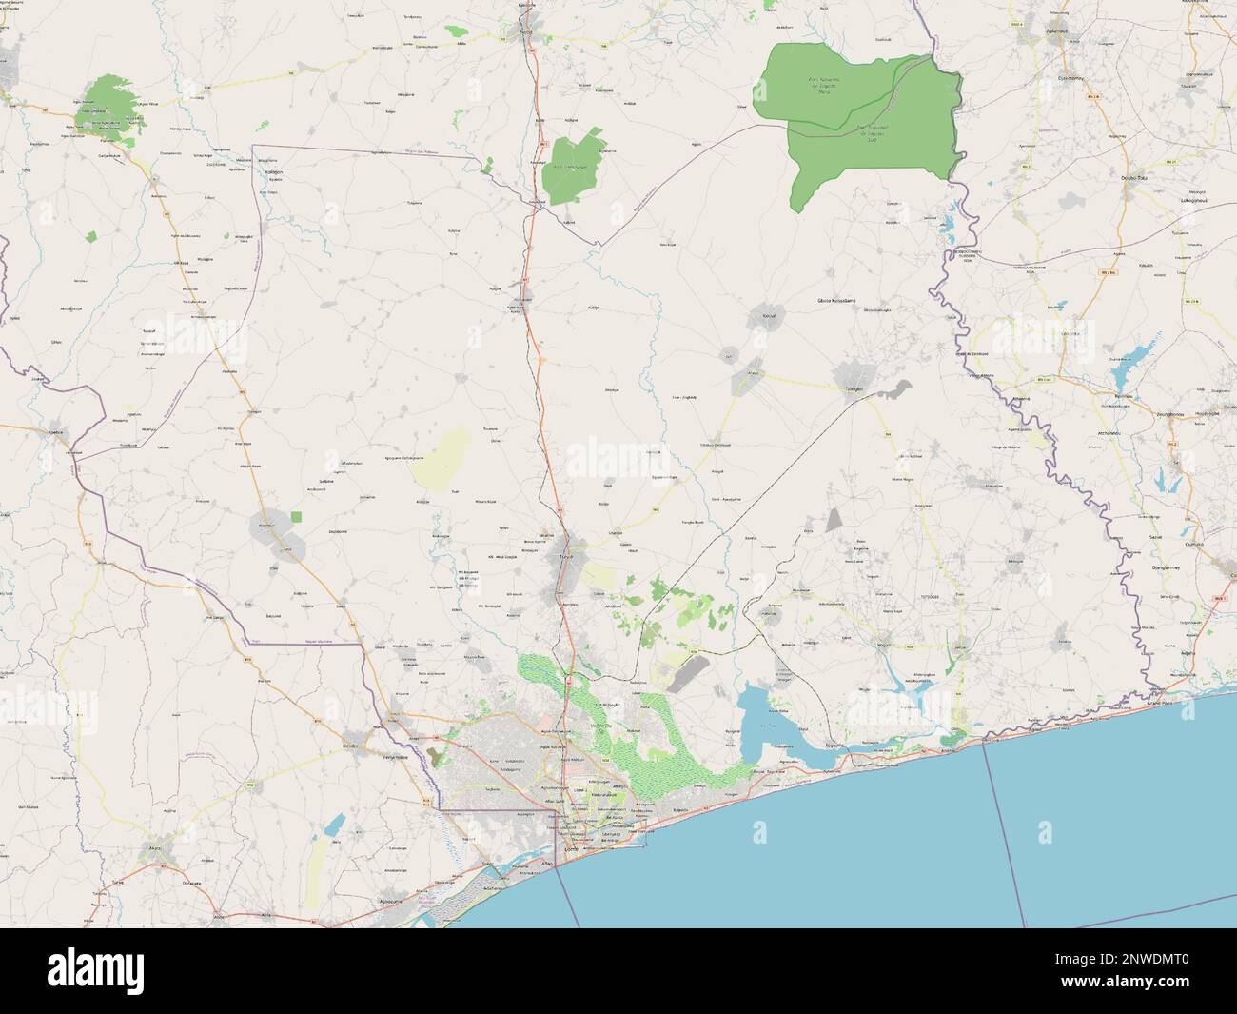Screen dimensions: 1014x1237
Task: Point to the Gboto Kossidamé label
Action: coord(837,300)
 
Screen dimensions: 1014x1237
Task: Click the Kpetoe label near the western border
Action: coord(54,431)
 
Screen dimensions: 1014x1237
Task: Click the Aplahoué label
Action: coord(1058,30)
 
